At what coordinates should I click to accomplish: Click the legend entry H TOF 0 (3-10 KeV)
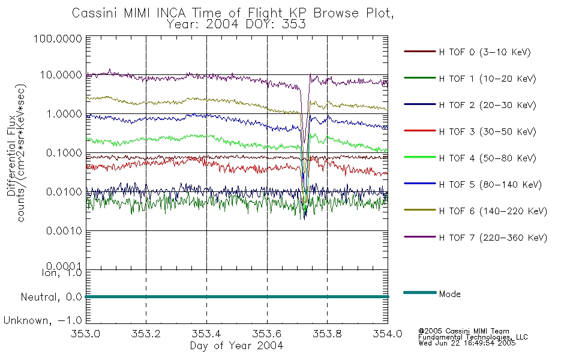485,52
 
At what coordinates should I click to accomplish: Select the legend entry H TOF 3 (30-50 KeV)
487,131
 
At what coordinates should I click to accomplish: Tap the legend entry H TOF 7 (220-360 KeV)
493,238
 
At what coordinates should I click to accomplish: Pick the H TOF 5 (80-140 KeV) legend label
490,185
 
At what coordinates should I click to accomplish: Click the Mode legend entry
449,294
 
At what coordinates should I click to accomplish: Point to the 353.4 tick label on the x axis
206,334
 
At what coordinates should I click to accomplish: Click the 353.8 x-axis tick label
327,334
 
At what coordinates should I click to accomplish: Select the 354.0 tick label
388,334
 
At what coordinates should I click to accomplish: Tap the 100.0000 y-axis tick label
58,38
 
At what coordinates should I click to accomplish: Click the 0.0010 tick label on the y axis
64,230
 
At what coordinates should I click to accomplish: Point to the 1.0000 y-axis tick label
64,114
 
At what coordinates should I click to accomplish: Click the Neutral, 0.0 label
51,297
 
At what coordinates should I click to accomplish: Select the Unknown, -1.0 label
43,320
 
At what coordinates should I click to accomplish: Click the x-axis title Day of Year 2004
236,345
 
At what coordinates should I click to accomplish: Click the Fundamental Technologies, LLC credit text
473,337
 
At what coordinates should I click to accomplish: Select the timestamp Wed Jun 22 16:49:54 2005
467,343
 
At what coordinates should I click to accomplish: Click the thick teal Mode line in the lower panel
237,297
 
